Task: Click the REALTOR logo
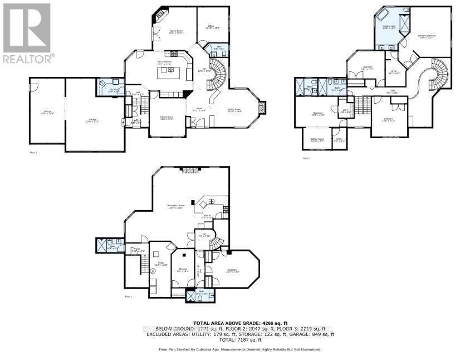[x=27, y=32]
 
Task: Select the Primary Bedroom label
[x=427, y=36]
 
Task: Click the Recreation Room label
[x=176, y=206]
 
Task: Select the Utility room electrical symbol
[x=153, y=269]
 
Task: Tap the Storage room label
[x=183, y=270]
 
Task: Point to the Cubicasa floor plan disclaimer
[x=240, y=349]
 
